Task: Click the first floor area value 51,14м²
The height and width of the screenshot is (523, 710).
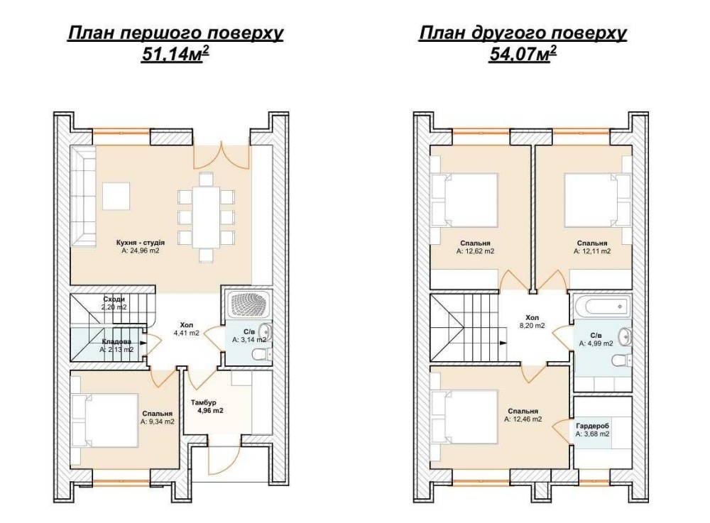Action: (x=175, y=54)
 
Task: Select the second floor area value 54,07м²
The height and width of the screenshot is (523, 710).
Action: (x=523, y=54)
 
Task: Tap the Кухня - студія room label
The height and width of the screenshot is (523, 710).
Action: (x=141, y=243)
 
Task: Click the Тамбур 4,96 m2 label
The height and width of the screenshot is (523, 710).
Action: (x=207, y=407)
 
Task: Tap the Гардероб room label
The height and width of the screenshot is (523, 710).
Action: (x=592, y=426)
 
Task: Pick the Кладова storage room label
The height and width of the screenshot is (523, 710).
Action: (x=117, y=341)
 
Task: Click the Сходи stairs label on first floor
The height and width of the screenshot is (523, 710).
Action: (x=114, y=299)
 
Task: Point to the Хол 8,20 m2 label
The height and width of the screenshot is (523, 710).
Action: (x=532, y=321)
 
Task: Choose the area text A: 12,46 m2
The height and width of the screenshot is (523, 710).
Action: (x=523, y=419)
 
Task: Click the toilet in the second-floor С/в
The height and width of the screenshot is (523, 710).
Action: (x=621, y=360)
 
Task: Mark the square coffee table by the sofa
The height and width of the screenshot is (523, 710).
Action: (x=116, y=196)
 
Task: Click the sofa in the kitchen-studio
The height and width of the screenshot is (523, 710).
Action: (x=83, y=196)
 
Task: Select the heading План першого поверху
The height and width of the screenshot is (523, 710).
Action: (x=175, y=33)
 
